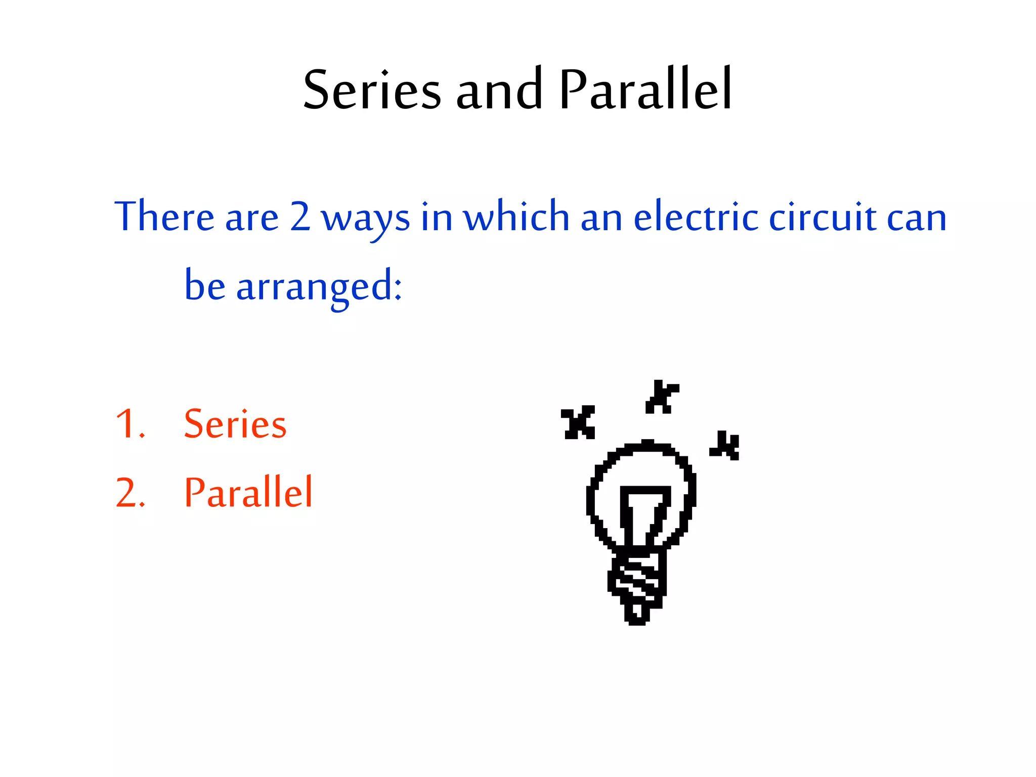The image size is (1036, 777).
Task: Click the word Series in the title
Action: pyautogui.click(x=372, y=90)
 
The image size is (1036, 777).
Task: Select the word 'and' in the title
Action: pyautogui.click(x=499, y=90)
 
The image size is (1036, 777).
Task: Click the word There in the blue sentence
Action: pyautogui.click(x=164, y=217)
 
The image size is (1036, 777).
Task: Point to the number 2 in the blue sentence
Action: pyautogui.click(x=300, y=217)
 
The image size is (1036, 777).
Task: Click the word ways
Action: pyautogui.click(x=365, y=219)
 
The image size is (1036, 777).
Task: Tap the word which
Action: pyautogui.click(x=516, y=217)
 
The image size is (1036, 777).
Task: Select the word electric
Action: pyautogui.click(x=696, y=217)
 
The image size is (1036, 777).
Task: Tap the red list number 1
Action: pyautogui.click(x=129, y=424)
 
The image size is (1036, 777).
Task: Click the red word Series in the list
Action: pyautogui.click(x=235, y=424)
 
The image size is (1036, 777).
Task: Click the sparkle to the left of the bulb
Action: pyautogui.click(x=578, y=422)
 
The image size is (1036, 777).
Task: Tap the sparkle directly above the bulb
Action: pyautogui.click(x=661, y=397)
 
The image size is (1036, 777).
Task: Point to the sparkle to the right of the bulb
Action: pyautogui.click(x=725, y=446)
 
